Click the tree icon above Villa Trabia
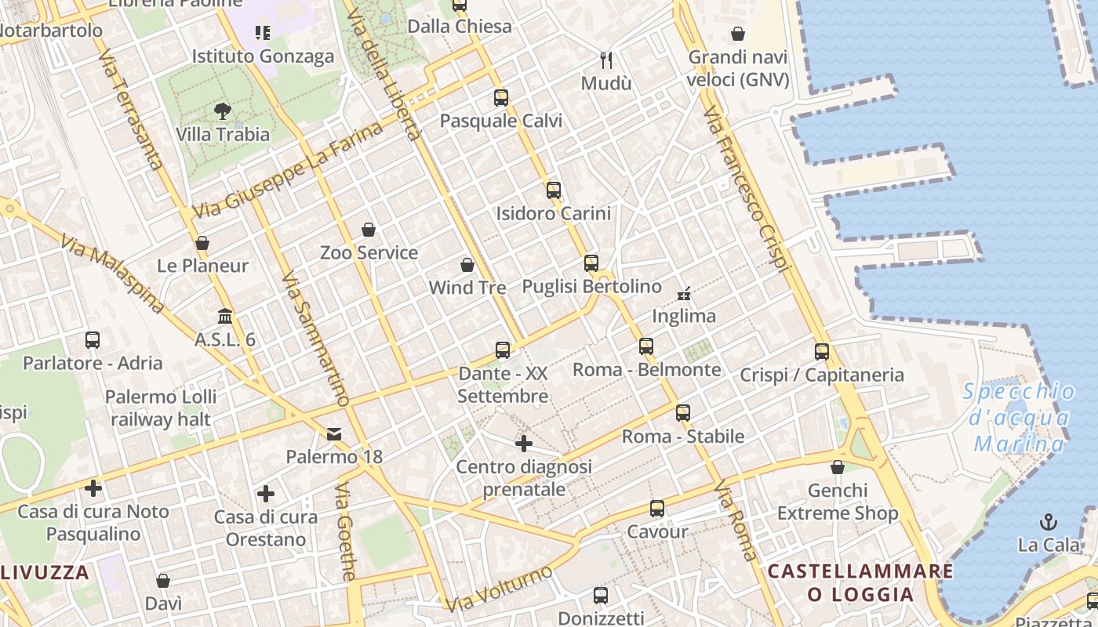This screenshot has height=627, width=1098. click(x=223, y=111)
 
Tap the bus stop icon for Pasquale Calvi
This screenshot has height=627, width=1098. click(x=501, y=98)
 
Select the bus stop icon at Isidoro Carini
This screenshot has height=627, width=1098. click(x=554, y=190)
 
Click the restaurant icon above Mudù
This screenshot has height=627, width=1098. click(x=605, y=60)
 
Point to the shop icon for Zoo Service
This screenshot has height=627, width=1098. click(x=369, y=230)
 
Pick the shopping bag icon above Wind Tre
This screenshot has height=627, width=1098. click(x=467, y=265)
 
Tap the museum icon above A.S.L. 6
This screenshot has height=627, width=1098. click(x=225, y=317)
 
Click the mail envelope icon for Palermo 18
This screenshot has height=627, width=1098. click(x=334, y=433)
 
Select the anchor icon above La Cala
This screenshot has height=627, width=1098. click(x=1048, y=521)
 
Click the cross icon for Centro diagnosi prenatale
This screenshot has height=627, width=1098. click(x=524, y=444)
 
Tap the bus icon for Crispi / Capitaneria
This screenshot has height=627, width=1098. click(x=822, y=352)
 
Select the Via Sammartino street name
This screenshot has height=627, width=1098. click(x=315, y=339)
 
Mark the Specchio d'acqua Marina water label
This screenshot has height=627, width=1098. click(x=1020, y=418)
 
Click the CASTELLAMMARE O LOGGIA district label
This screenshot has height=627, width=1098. click(x=860, y=582)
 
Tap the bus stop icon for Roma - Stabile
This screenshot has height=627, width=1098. click(x=683, y=413)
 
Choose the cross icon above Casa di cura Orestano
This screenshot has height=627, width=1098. click(x=266, y=494)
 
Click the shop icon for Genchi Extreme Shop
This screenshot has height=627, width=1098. click(x=838, y=468)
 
